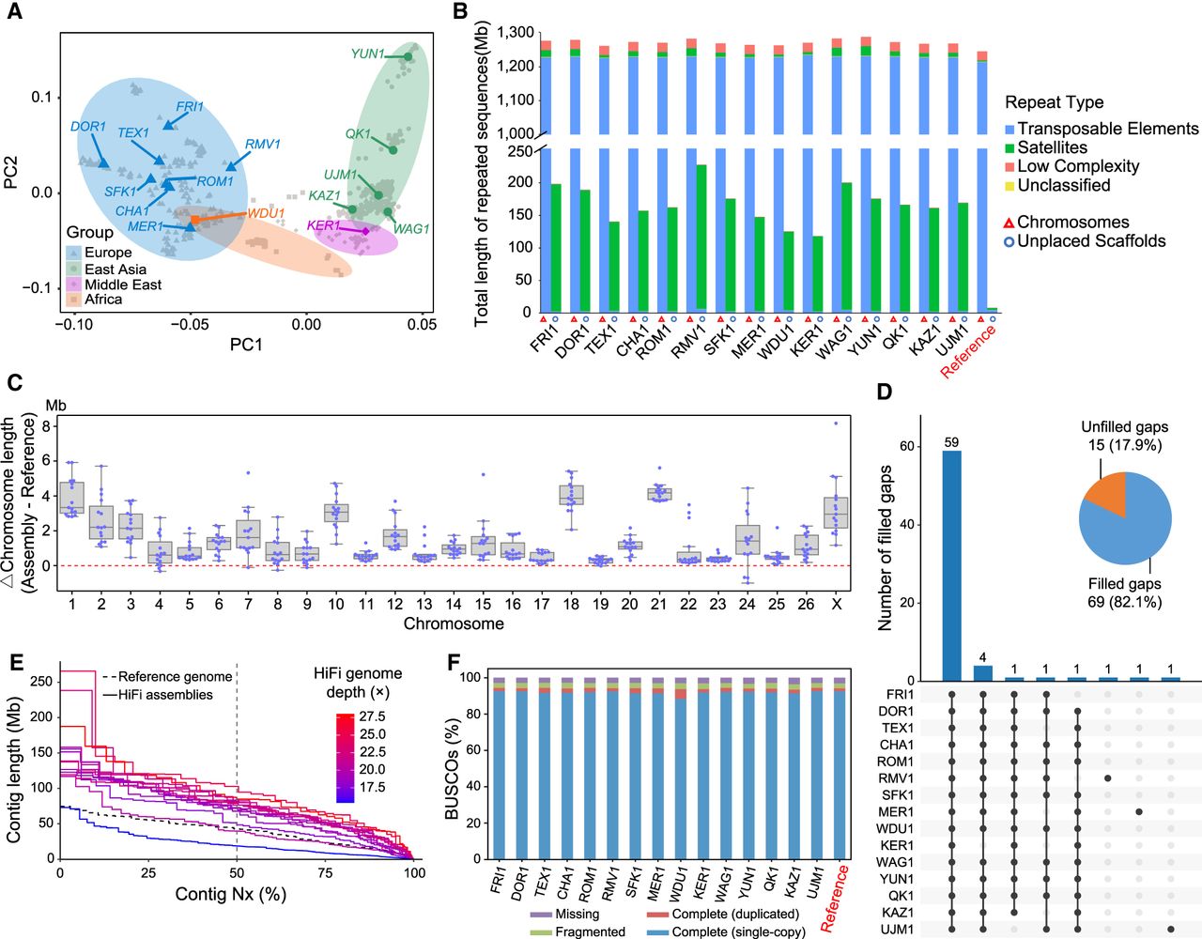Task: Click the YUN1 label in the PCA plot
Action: [368, 54]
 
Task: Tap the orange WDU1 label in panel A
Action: [266, 213]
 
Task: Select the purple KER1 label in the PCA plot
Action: [324, 225]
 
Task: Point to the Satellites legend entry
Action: [1046, 147]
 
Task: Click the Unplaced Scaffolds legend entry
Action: [1086, 241]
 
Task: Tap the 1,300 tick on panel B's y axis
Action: [516, 33]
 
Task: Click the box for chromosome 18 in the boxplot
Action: [571, 495]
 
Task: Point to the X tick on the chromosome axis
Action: [836, 605]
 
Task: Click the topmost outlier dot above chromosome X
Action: [836, 423]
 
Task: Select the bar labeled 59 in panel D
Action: [951, 565]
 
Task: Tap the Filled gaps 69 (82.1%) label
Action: [1125, 593]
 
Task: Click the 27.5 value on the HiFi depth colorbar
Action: [372, 716]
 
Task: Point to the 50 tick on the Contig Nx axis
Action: [237, 873]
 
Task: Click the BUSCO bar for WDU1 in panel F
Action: [681, 768]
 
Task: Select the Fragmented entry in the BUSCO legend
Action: [578, 931]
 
